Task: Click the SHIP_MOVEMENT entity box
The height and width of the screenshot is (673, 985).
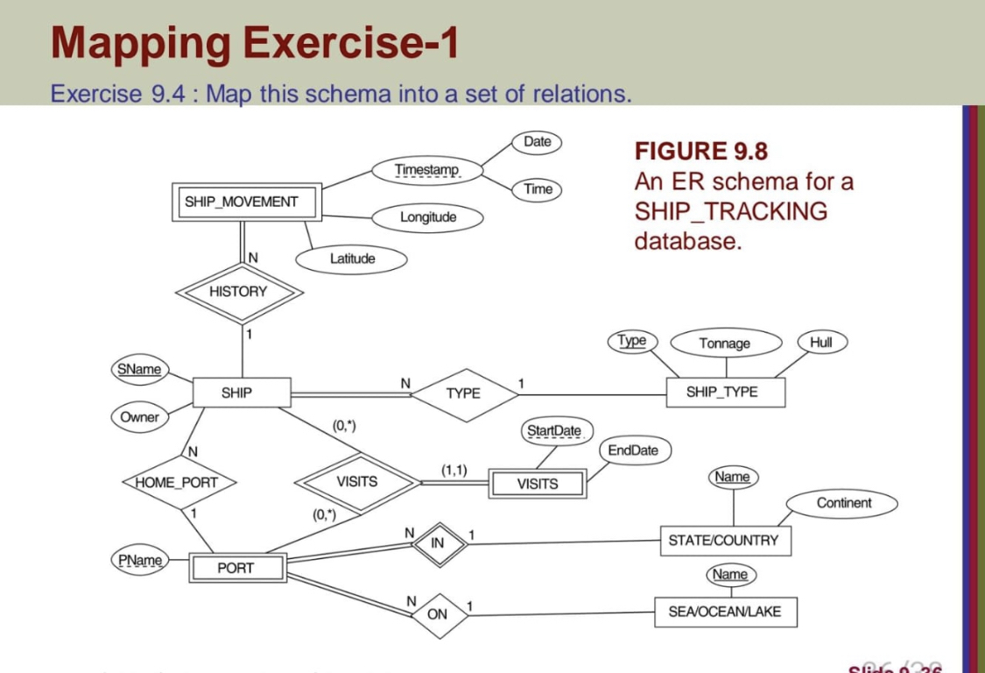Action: point(241,202)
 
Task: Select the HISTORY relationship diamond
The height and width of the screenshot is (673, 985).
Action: point(238,292)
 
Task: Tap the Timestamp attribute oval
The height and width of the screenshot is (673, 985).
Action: point(426,169)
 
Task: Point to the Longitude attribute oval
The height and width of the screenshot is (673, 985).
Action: point(428,216)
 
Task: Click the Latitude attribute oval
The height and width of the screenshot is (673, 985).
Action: point(352,259)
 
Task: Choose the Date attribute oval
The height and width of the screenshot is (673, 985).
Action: point(538,142)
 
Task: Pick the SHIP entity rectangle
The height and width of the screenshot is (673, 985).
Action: point(236,393)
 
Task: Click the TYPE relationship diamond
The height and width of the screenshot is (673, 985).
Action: point(463,393)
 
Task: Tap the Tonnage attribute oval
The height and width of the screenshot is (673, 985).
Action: point(724,344)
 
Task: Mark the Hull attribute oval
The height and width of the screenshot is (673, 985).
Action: point(821,343)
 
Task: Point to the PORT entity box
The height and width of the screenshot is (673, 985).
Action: point(236,568)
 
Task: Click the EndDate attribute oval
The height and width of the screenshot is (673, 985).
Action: point(634,450)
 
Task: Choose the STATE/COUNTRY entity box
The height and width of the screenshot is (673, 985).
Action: point(723,541)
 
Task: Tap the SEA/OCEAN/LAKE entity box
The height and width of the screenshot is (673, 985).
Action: point(725,612)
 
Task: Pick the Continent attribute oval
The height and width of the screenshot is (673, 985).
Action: point(843,503)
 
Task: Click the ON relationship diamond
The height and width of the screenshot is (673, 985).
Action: point(437,614)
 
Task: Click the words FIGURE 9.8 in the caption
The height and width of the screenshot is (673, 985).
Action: point(701,152)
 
